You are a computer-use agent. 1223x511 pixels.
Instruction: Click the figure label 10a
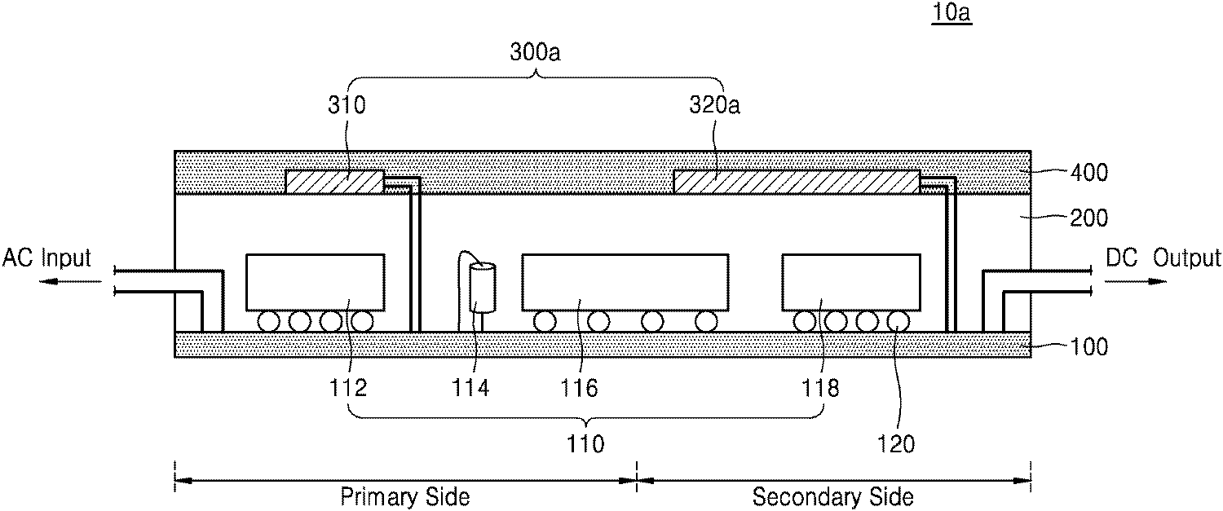(x=951, y=12)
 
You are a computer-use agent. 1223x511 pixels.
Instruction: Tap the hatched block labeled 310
(x=334, y=182)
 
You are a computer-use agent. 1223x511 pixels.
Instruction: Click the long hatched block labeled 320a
(x=797, y=182)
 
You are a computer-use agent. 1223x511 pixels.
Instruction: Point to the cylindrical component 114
(x=483, y=288)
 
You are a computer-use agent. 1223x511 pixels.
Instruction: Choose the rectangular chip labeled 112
(x=315, y=282)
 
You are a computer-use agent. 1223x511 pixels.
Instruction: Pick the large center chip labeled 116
(x=625, y=282)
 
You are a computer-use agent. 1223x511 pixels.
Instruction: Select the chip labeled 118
(x=851, y=282)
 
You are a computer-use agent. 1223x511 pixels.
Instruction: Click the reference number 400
(x=1089, y=173)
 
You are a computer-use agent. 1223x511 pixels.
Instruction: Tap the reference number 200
(x=1089, y=218)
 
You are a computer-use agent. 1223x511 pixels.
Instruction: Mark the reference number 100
(x=1089, y=347)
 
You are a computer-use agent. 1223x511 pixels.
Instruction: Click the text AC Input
(x=46, y=258)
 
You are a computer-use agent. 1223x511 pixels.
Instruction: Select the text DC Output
(x=1163, y=258)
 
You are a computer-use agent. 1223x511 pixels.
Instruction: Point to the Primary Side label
(x=404, y=497)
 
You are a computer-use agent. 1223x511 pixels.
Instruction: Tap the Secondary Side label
(x=832, y=497)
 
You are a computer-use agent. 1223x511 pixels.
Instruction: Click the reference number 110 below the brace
(x=585, y=444)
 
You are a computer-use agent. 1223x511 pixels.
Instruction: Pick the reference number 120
(x=896, y=444)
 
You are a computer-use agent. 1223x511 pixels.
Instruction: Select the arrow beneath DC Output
(x=1136, y=282)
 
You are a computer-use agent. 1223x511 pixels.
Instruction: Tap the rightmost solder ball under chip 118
(x=898, y=321)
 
